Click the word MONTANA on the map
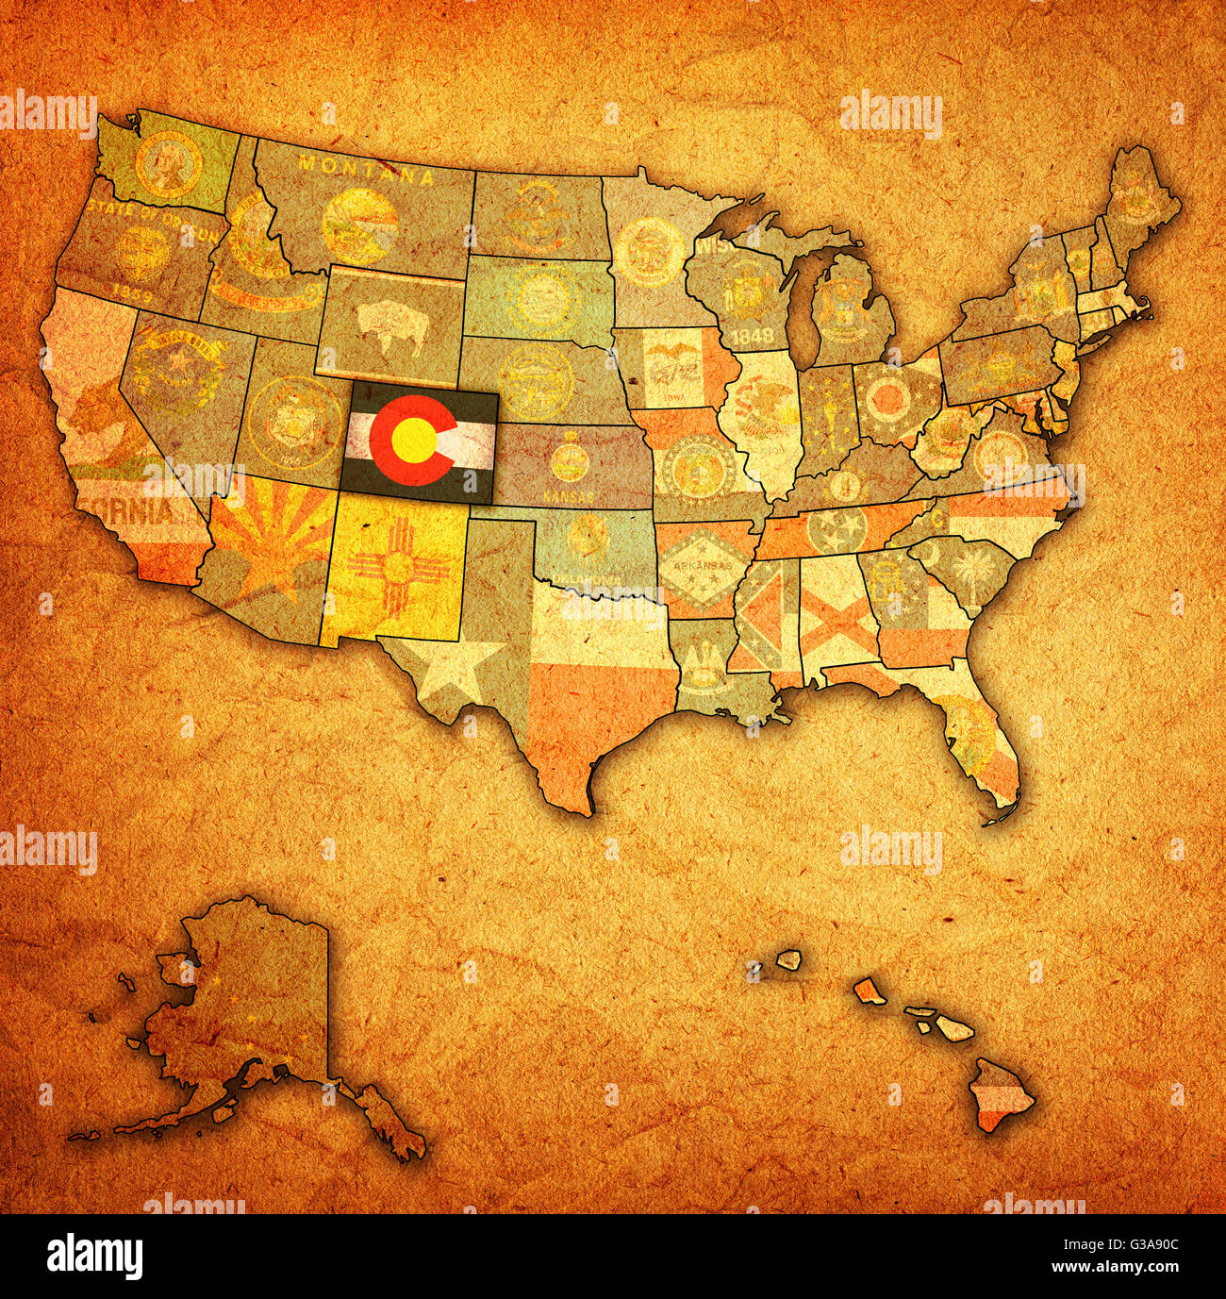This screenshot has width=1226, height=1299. coord(361,170)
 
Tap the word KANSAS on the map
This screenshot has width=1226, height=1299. coord(570,494)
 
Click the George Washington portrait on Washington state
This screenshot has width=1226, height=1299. coord(168,162)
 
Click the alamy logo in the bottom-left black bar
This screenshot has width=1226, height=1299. coord(95,1257)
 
